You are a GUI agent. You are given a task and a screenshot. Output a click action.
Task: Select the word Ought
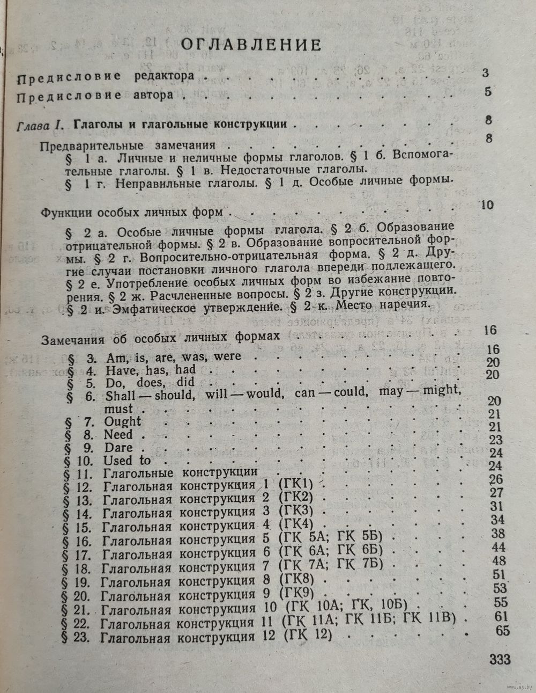[123, 422]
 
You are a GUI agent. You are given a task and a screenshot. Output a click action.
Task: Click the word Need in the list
[118, 435]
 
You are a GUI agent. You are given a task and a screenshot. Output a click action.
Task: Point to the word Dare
[118, 448]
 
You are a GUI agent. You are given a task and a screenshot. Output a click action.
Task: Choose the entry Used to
[128, 461]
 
